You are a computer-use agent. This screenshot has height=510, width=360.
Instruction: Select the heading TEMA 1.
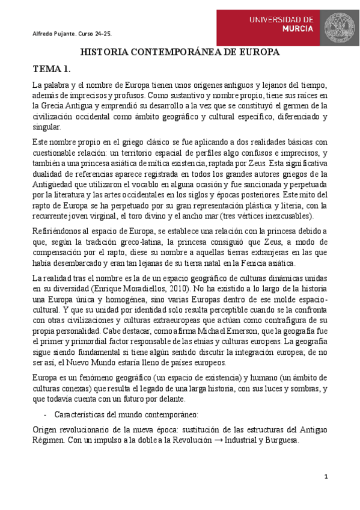click(x=52, y=70)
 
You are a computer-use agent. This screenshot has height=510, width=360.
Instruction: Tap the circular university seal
click(x=341, y=26)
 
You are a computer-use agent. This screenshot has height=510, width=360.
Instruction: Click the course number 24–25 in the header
click(x=103, y=34)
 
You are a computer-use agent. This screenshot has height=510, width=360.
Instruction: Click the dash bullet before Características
click(x=46, y=415)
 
